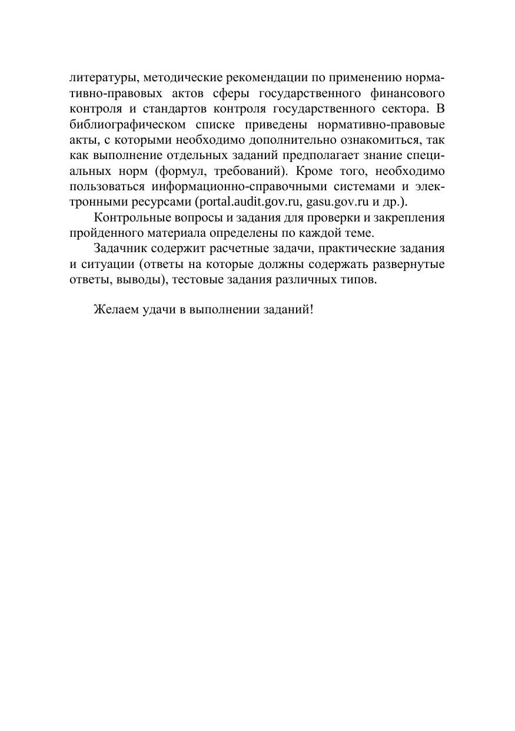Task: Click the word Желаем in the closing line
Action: point(115,310)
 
